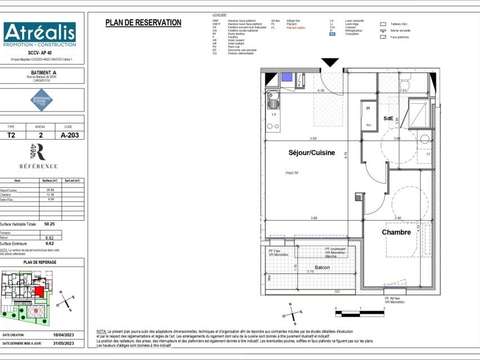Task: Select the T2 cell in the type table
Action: point(12,139)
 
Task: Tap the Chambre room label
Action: point(396,231)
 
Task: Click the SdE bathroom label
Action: point(388,118)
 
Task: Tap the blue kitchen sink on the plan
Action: point(274,100)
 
